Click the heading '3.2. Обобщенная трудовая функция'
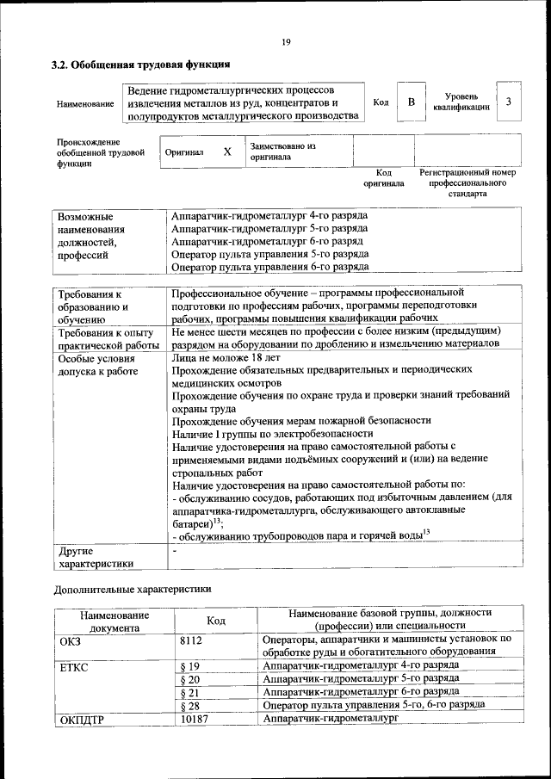coord(140,65)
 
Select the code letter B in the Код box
coord(412,102)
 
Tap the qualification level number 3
coord(510,102)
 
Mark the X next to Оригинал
coord(227,151)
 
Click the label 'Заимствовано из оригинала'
coord(282,151)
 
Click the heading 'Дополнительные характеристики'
coord(131,590)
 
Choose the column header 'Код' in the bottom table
coord(217,621)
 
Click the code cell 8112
coord(195,640)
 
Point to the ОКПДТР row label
coord(82,720)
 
